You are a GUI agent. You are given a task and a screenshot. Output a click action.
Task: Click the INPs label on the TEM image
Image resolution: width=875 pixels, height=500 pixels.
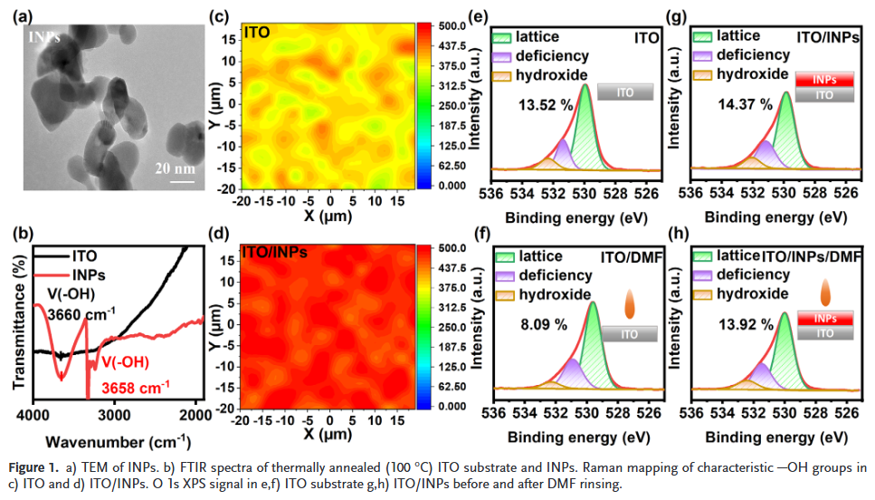[x=45, y=37]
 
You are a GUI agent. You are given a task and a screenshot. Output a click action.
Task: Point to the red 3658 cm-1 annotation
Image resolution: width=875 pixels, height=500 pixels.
[x=138, y=385]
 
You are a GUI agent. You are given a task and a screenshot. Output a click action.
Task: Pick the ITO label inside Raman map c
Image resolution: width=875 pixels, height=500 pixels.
[x=256, y=33]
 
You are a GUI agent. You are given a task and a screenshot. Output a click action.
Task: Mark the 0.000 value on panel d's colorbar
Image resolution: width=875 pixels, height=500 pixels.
[x=450, y=407]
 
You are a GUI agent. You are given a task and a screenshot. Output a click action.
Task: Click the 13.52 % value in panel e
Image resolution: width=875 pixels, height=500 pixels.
[x=546, y=104]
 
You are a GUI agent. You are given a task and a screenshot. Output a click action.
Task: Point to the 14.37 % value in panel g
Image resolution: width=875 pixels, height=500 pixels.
[x=744, y=104]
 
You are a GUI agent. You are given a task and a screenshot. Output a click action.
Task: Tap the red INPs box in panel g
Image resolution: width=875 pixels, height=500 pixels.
[x=823, y=80]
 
